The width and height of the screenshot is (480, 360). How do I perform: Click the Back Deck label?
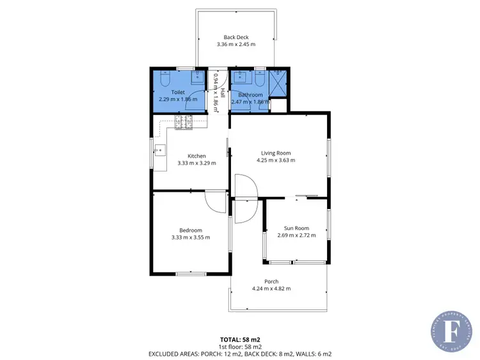point(236,37)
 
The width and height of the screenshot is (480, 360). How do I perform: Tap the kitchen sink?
point(159,151)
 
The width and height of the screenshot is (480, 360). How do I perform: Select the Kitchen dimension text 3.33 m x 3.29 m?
point(196,164)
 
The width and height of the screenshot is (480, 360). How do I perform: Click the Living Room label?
point(276,153)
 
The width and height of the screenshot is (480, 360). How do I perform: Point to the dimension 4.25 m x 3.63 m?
point(276,160)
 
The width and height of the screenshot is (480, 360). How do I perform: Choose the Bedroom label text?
point(190,230)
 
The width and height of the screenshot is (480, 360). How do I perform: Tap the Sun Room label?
point(296,228)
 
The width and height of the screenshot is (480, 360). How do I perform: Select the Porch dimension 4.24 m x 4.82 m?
point(271,289)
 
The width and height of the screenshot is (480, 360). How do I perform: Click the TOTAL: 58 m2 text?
point(240,339)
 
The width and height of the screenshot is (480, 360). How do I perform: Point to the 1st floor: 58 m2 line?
point(240,346)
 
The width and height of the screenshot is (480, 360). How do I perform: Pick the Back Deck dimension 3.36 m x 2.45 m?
point(236,45)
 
